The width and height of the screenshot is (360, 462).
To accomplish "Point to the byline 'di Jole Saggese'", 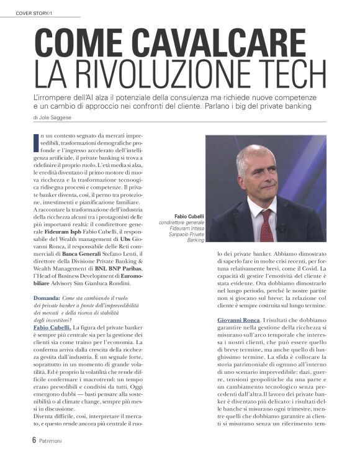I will coord(53,117).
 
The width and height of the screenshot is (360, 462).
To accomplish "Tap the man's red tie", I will coord(265,224).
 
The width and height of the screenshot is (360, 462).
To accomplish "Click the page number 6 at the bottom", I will coord(34,439).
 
